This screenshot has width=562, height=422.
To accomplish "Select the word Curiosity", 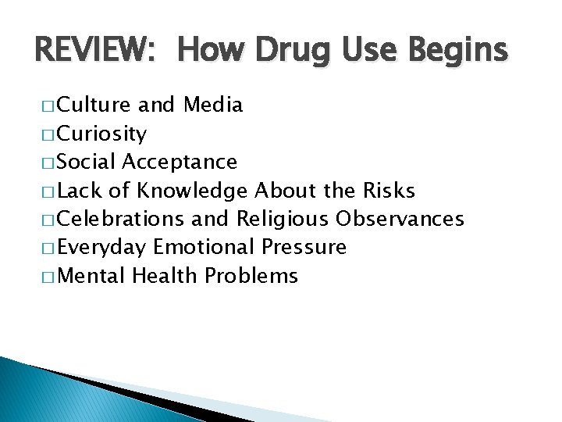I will tap(101, 134).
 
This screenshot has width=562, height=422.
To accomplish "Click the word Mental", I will tap(91, 276).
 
